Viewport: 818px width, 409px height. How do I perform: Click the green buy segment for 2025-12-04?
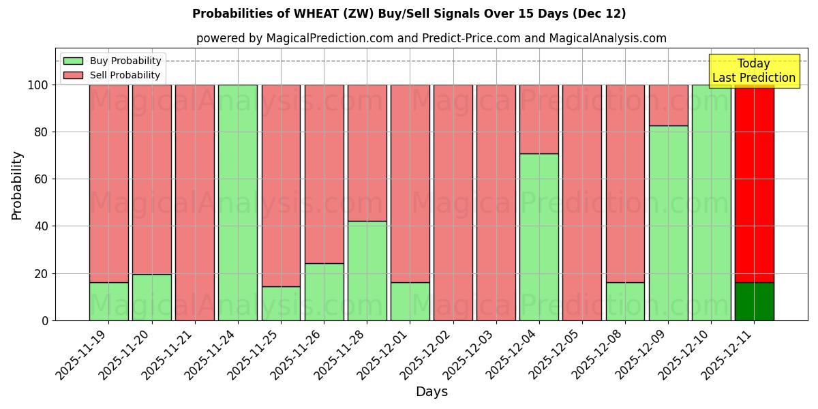click(x=539, y=237)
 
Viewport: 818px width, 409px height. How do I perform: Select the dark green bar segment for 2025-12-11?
click(x=754, y=301)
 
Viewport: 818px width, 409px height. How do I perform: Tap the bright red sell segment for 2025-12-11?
click(x=754, y=183)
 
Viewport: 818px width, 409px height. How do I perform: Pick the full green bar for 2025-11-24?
click(x=238, y=202)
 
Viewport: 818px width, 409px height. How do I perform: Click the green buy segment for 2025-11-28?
click(x=367, y=271)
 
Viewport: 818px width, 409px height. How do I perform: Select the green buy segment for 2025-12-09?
click(x=668, y=223)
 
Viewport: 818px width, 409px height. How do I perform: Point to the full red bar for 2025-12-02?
click(x=453, y=202)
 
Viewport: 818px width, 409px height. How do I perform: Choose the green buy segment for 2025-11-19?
click(x=109, y=301)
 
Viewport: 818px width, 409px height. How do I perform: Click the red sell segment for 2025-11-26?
click(x=324, y=174)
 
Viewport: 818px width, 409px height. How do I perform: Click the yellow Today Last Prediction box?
click(x=754, y=71)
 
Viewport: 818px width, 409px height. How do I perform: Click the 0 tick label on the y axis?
click(x=45, y=320)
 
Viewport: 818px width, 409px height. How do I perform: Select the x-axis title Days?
click(x=431, y=392)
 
